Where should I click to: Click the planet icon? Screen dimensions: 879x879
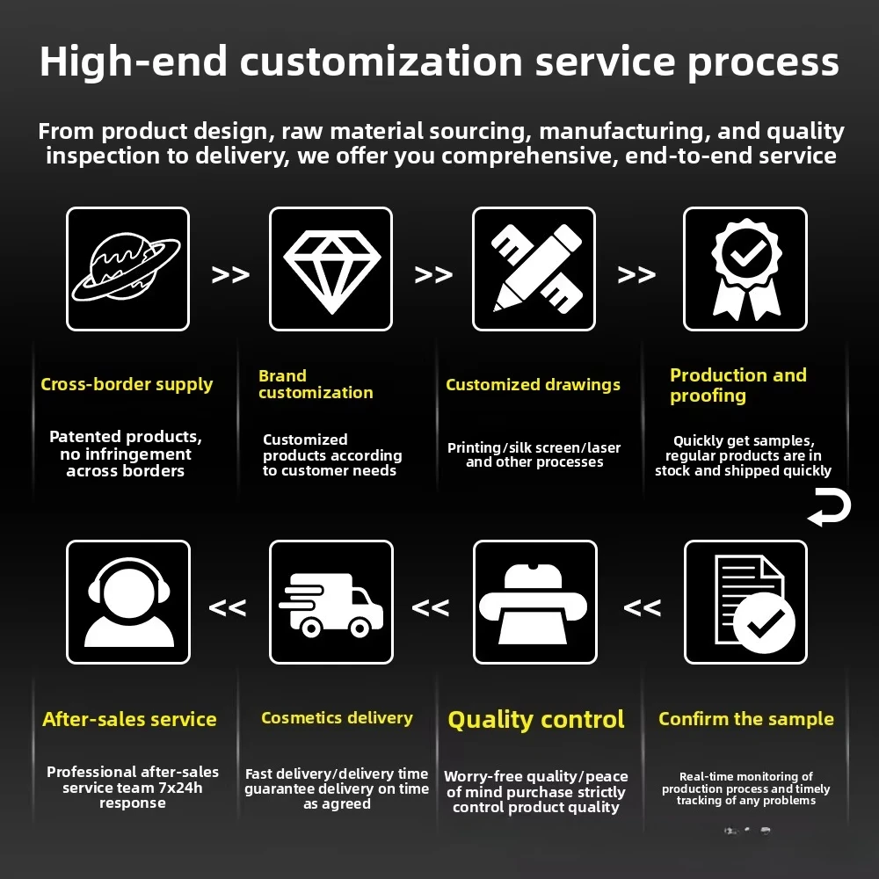[x=127, y=268]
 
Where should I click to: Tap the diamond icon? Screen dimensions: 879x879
[x=332, y=272]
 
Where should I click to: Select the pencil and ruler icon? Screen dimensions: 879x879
[x=536, y=268]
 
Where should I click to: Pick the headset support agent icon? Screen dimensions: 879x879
[x=129, y=603]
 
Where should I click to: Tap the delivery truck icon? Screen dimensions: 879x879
[x=331, y=606]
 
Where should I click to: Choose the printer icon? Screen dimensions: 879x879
[x=534, y=604]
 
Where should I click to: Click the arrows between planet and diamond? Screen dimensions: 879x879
[x=230, y=274]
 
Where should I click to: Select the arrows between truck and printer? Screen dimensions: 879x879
[x=431, y=607]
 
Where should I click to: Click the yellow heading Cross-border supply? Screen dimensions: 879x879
[x=127, y=385]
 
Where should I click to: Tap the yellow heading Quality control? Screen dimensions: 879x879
[x=536, y=720]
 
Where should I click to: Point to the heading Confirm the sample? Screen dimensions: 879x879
[x=746, y=719]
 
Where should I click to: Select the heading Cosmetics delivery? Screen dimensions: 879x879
[x=337, y=718]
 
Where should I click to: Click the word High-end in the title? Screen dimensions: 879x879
[x=134, y=62]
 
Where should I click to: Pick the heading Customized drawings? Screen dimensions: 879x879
[x=534, y=385]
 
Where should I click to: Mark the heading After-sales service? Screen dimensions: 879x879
[x=129, y=719]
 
